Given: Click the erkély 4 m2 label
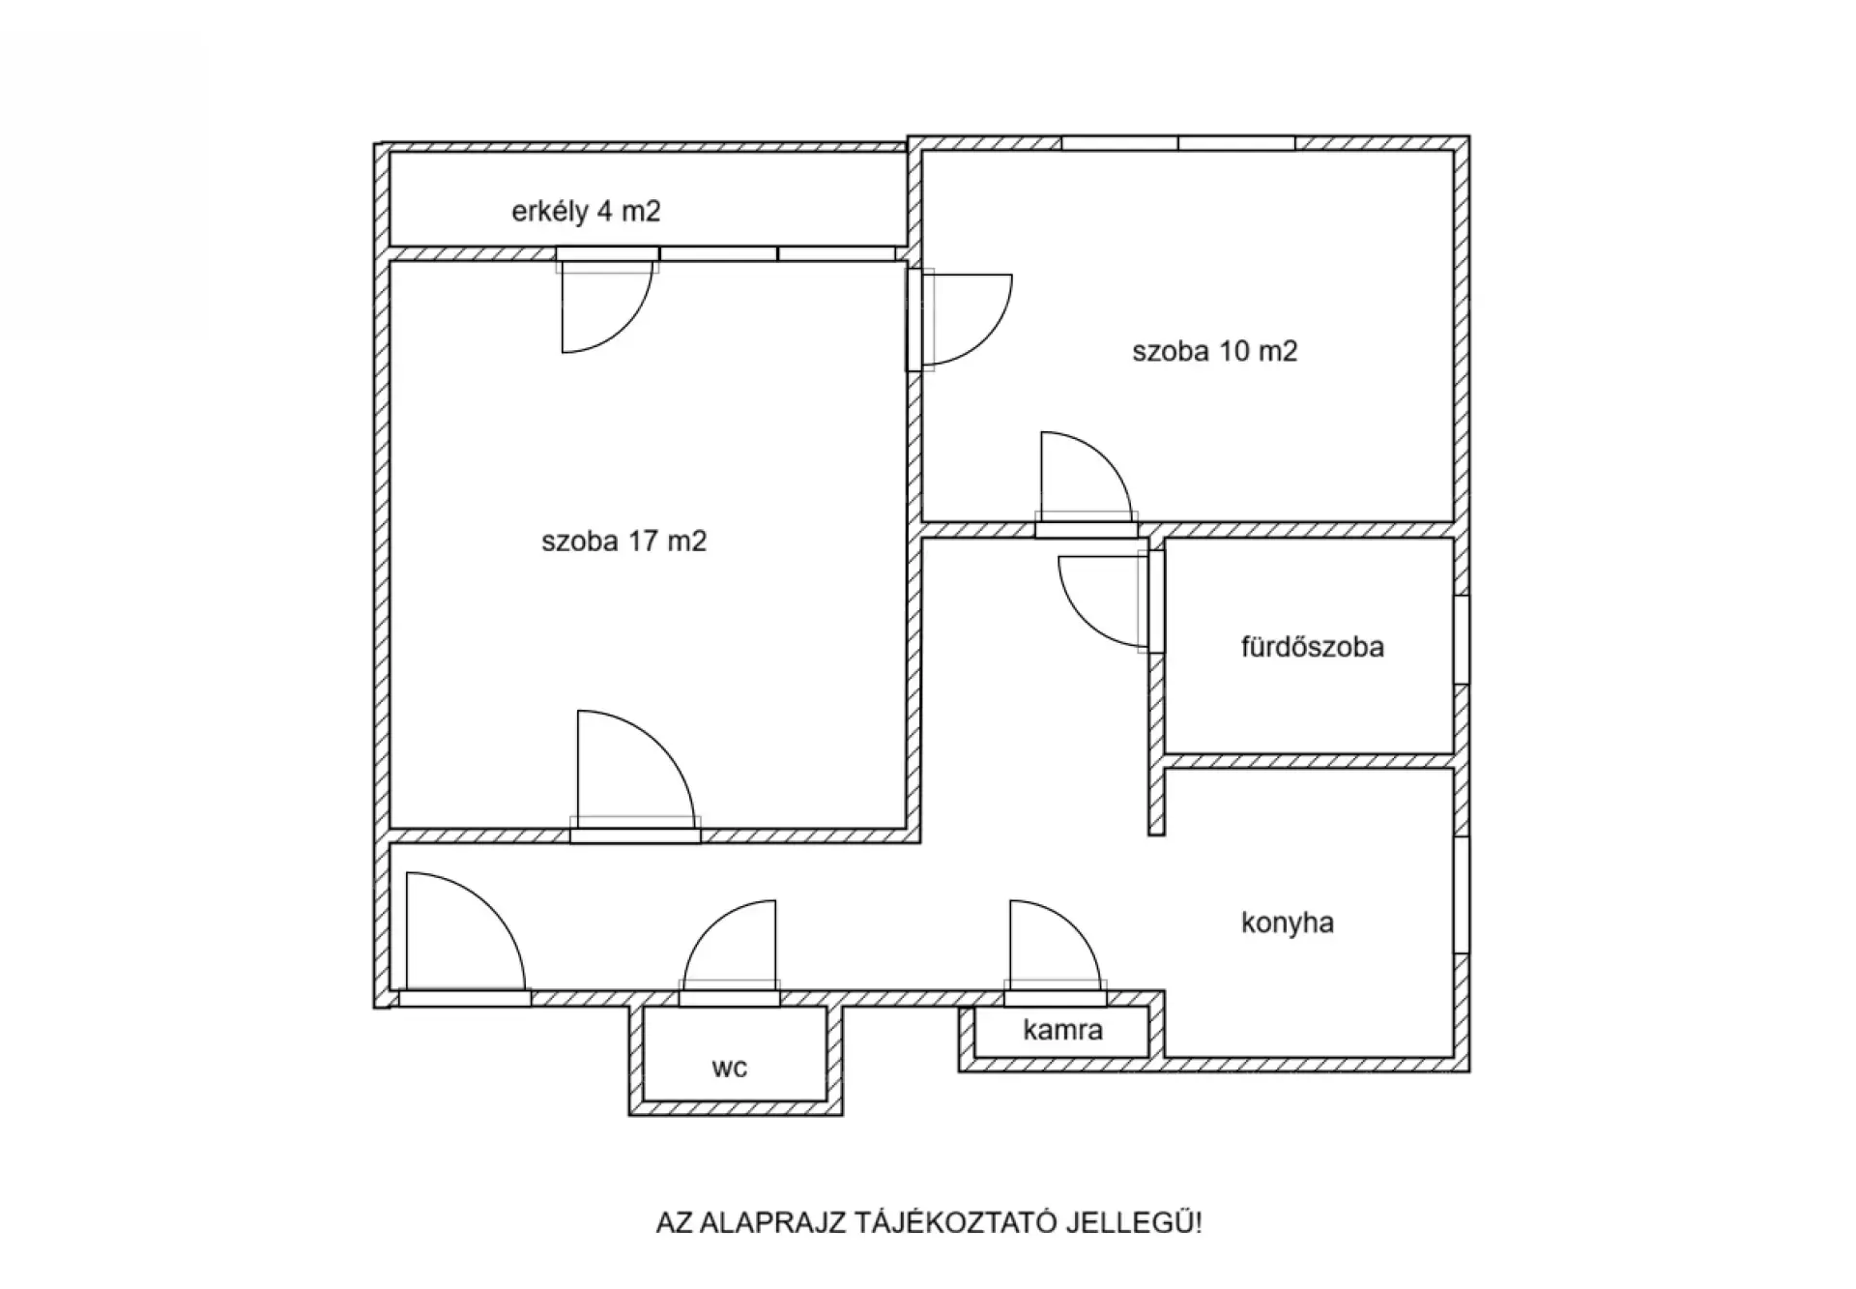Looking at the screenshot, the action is tap(586, 212).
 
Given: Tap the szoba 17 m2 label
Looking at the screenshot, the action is tap(623, 541).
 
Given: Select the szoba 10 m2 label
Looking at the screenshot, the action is tap(1214, 351).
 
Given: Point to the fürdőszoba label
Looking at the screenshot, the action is tap(1312, 646).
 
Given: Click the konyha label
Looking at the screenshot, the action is tap(1288, 923).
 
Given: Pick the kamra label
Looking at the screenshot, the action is tap(1062, 1030).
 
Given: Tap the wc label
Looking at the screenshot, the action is tap(729, 1068).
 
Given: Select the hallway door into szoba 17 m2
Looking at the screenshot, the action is tap(635, 774).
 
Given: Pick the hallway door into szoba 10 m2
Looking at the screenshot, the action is tap(1087, 483).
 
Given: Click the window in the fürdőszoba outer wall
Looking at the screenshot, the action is tap(1462, 640).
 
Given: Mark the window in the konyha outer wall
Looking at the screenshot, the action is tap(1462, 894).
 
